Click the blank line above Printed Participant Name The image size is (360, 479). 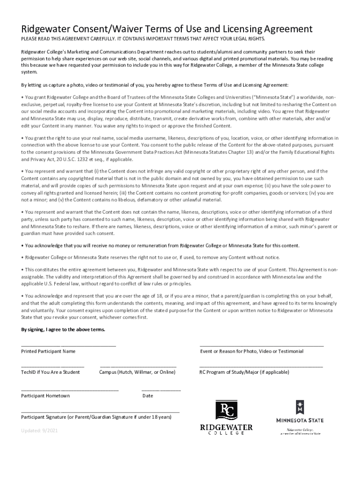click(68, 345)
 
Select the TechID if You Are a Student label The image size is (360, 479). click(50, 372)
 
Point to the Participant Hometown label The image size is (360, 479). click(45, 396)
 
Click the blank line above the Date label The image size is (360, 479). click(161, 390)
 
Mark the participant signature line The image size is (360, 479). click(100, 412)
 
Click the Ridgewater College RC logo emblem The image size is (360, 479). click(226, 410)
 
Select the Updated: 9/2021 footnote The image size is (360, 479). click(39, 431)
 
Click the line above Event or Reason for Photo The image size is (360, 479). click(261, 345)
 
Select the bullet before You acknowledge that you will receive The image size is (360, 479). click(22, 246)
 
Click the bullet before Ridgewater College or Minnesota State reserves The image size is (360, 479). click(22, 258)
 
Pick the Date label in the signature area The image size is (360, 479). click(148, 396)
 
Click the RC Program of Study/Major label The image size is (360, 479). click(244, 372)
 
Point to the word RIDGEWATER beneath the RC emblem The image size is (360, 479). click(226, 427)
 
